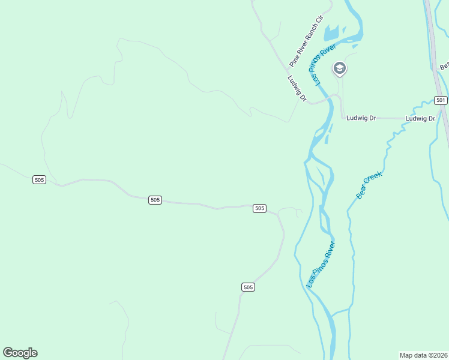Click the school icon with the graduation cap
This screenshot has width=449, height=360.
[339, 68]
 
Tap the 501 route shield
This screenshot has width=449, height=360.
[441, 100]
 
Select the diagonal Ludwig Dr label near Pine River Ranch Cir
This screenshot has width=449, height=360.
[297, 88]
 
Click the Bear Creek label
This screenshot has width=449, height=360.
[369, 185]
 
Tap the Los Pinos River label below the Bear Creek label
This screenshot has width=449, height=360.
[321, 264]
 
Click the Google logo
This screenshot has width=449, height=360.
[20, 353]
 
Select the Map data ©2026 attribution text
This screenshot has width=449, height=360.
[423, 355]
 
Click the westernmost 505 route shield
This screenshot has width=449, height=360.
[39, 180]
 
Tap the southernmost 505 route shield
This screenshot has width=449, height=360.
[249, 287]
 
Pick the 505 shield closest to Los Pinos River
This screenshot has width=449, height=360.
[259, 208]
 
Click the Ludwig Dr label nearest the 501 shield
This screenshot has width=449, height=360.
[420, 118]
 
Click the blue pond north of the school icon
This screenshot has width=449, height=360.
[332, 33]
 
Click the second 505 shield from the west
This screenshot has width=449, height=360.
[155, 200]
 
